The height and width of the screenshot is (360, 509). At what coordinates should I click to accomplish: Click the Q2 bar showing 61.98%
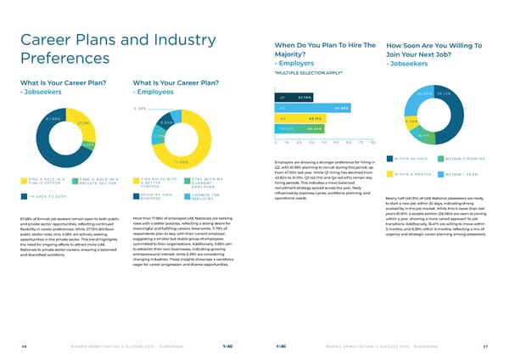[x=314, y=108]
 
